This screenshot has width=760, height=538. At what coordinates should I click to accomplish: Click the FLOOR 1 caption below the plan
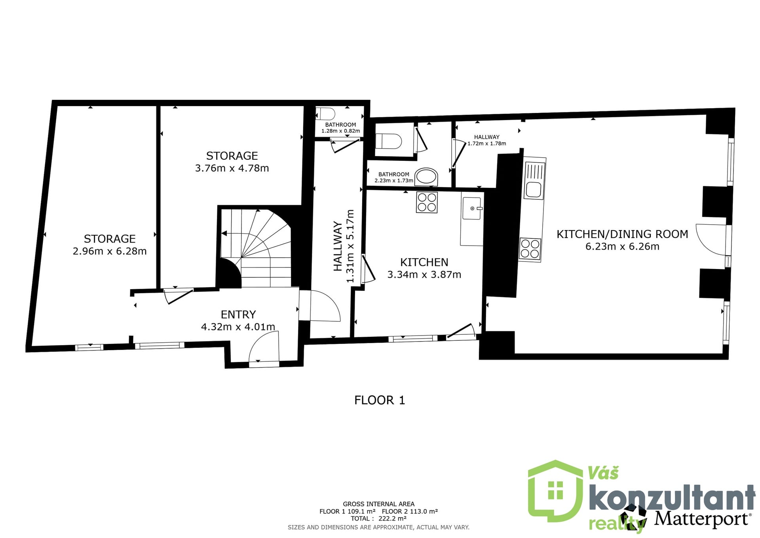point(380,400)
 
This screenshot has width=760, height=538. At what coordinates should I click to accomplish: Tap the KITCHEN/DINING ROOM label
point(622,234)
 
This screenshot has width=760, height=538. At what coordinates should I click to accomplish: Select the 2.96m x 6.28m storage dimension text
point(110,251)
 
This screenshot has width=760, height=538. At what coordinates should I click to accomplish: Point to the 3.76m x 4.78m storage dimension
point(232,168)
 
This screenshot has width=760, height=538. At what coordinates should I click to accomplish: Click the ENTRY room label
point(238,315)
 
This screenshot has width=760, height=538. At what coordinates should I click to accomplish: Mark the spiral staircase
point(256,248)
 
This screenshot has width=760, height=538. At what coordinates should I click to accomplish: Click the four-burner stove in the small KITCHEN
point(427,202)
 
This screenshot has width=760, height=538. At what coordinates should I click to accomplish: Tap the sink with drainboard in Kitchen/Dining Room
point(534,179)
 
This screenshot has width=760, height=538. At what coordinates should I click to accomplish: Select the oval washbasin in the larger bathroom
point(426,177)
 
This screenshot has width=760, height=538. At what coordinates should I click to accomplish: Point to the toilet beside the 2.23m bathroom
point(389,141)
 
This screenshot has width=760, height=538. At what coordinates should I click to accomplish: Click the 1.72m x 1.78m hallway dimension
point(487,143)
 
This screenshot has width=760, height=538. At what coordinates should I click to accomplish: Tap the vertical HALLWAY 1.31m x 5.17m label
point(344,246)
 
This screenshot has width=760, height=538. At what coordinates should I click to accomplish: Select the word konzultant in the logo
point(672,498)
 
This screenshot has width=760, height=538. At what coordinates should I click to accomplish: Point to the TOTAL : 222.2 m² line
point(378,519)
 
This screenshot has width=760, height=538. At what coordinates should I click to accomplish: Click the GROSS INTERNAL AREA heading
point(379,504)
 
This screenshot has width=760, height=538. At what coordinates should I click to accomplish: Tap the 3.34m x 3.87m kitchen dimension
point(424,275)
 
